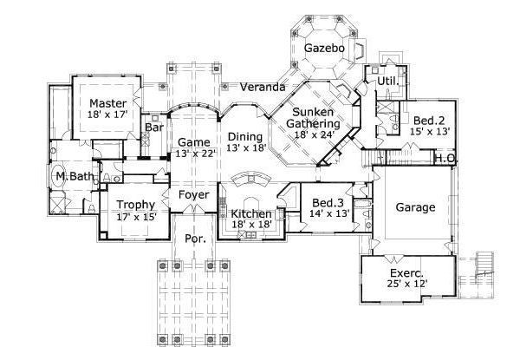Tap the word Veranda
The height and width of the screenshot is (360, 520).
[x=263, y=87]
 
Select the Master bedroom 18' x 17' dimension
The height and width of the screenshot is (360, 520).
[x=107, y=115]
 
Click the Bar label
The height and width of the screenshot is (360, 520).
[x=154, y=127]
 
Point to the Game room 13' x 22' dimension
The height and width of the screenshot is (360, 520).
[x=197, y=154]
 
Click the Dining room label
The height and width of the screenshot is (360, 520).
[x=245, y=137]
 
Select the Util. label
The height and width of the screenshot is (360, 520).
[x=387, y=81]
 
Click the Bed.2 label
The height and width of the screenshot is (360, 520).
[x=429, y=120]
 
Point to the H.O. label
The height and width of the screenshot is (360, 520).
[x=446, y=159]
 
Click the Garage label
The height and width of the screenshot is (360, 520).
[x=415, y=207]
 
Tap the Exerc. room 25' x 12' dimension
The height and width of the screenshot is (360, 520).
[x=406, y=284]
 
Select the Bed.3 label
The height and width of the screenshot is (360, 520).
[x=328, y=202]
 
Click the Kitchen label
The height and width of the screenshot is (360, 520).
[x=251, y=213]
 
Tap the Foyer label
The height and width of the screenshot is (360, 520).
[x=193, y=195]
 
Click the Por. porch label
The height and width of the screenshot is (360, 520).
[x=195, y=239]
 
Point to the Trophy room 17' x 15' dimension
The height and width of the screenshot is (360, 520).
[x=136, y=217]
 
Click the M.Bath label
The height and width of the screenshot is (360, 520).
[x=75, y=176]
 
